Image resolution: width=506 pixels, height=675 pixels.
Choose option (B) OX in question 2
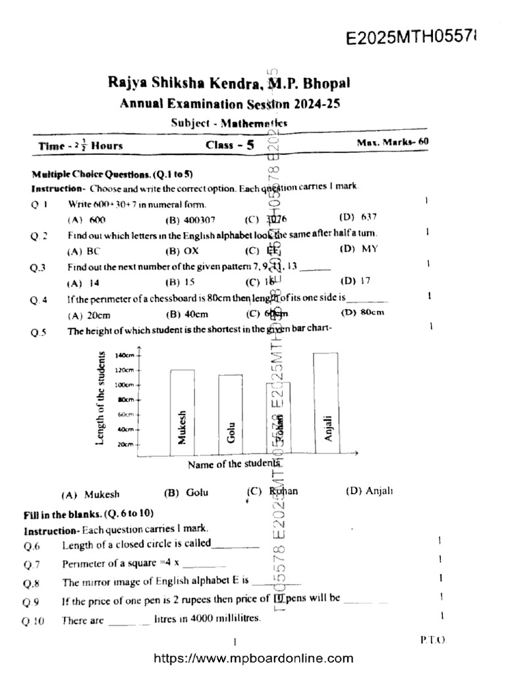[182, 250]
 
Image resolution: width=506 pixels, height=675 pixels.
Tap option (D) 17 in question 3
[356, 281]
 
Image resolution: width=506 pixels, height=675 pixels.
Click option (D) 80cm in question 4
[362, 312]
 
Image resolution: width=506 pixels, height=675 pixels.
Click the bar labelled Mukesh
[183, 412]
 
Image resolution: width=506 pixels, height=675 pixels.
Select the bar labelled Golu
[231, 415]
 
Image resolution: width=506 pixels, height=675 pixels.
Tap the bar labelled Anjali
[326, 403]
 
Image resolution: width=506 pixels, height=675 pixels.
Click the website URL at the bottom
[253, 658]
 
